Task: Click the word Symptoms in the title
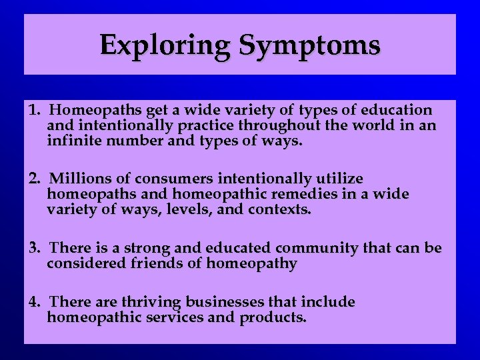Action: pyautogui.click(x=309, y=45)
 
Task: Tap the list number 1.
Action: pyautogui.click(x=34, y=109)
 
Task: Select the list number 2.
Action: pyautogui.click(x=34, y=179)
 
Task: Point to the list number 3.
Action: pyautogui.click(x=34, y=248)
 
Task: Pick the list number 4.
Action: pyautogui.click(x=34, y=302)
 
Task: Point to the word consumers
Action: pyautogui.click(x=169, y=179)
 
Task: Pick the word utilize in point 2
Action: pyautogui.click(x=339, y=179)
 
